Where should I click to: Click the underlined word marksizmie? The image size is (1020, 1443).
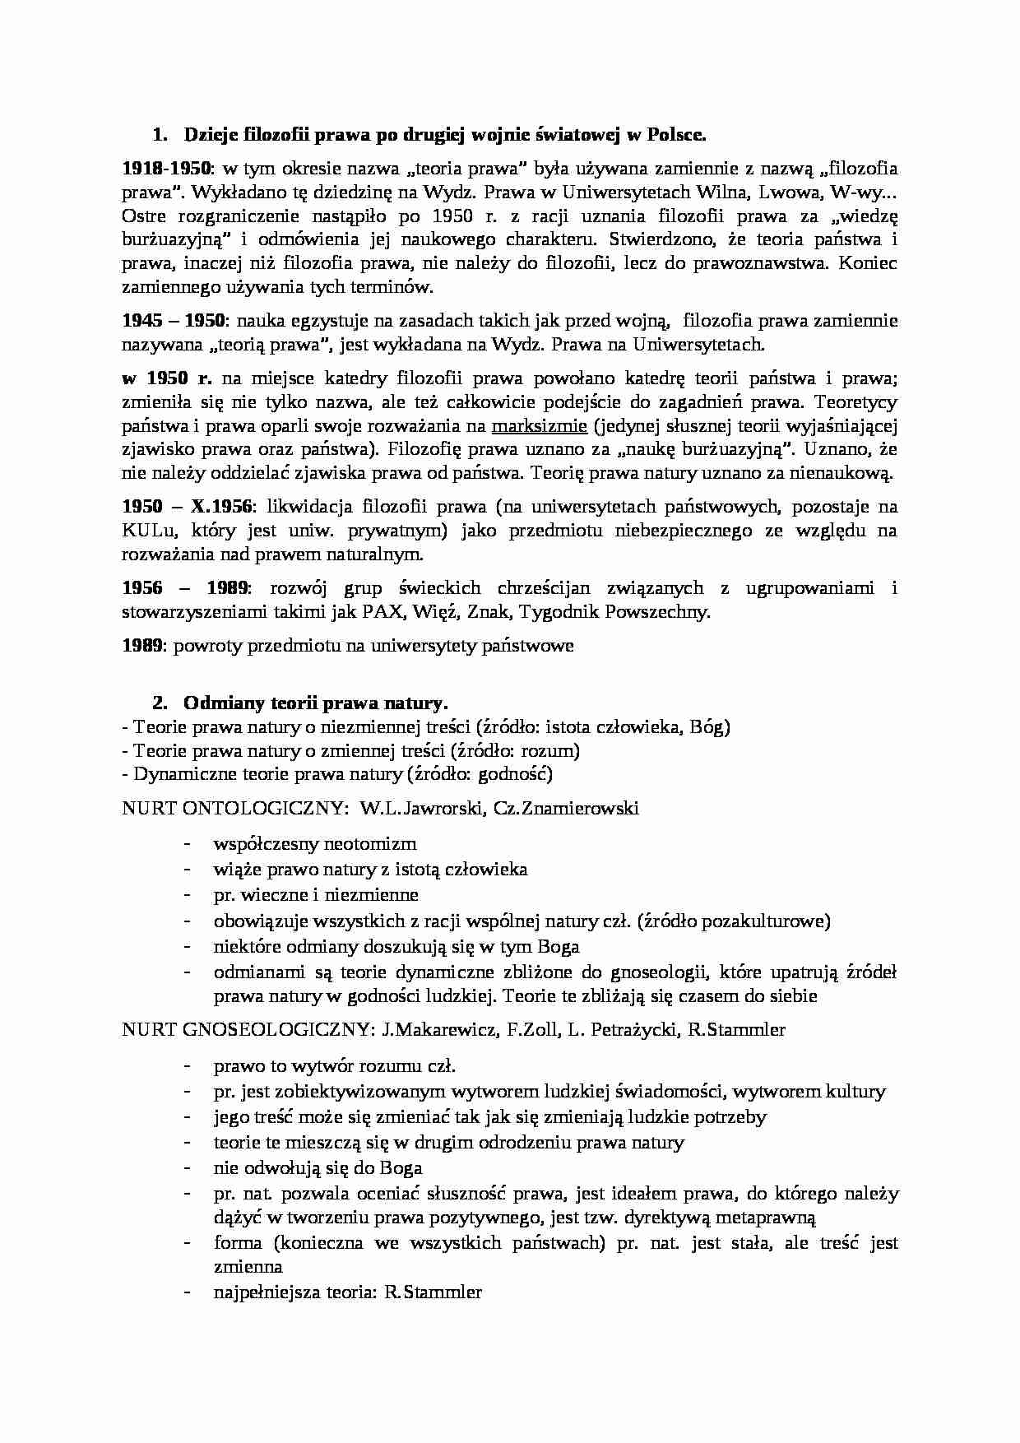pyautogui.click(x=539, y=426)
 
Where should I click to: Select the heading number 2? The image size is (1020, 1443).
pyautogui.click(x=160, y=703)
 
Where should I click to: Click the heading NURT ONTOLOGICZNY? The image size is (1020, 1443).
pyautogui.click(x=234, y=808)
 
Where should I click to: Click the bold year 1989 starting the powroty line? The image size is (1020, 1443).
pyautogui.click(x=143, y=646)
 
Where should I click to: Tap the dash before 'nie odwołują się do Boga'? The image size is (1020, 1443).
pyautogui.click(x=189, y=1167)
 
